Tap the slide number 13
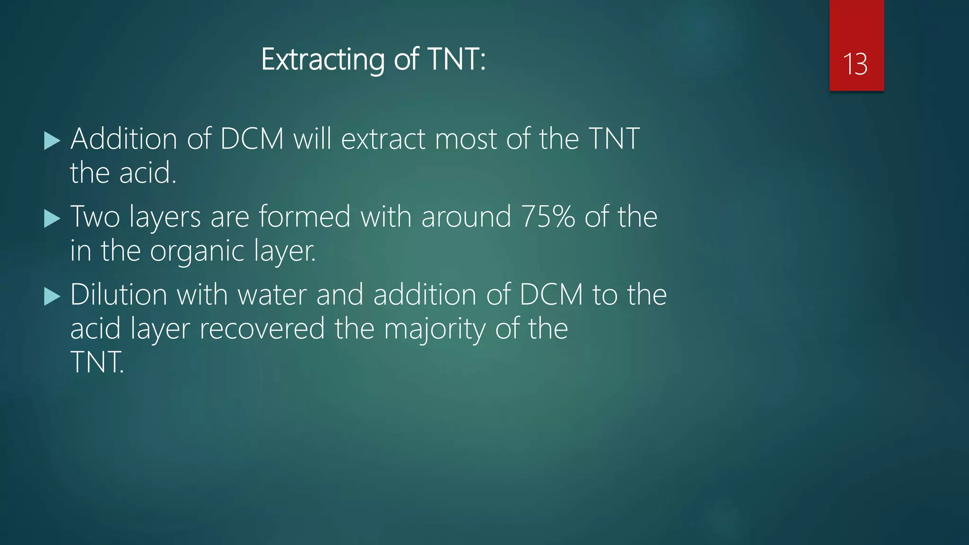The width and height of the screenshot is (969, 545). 855,64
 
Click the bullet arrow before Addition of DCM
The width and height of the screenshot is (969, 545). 52,141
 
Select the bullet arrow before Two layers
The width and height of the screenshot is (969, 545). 52,219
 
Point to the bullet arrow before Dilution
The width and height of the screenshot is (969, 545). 52,297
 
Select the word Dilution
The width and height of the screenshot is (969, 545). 119,295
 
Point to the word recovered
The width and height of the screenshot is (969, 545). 262,329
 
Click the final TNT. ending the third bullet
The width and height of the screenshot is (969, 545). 97,363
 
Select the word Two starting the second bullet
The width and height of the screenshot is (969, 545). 95,217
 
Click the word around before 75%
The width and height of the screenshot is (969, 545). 466,217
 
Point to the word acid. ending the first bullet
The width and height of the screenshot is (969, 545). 148,173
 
